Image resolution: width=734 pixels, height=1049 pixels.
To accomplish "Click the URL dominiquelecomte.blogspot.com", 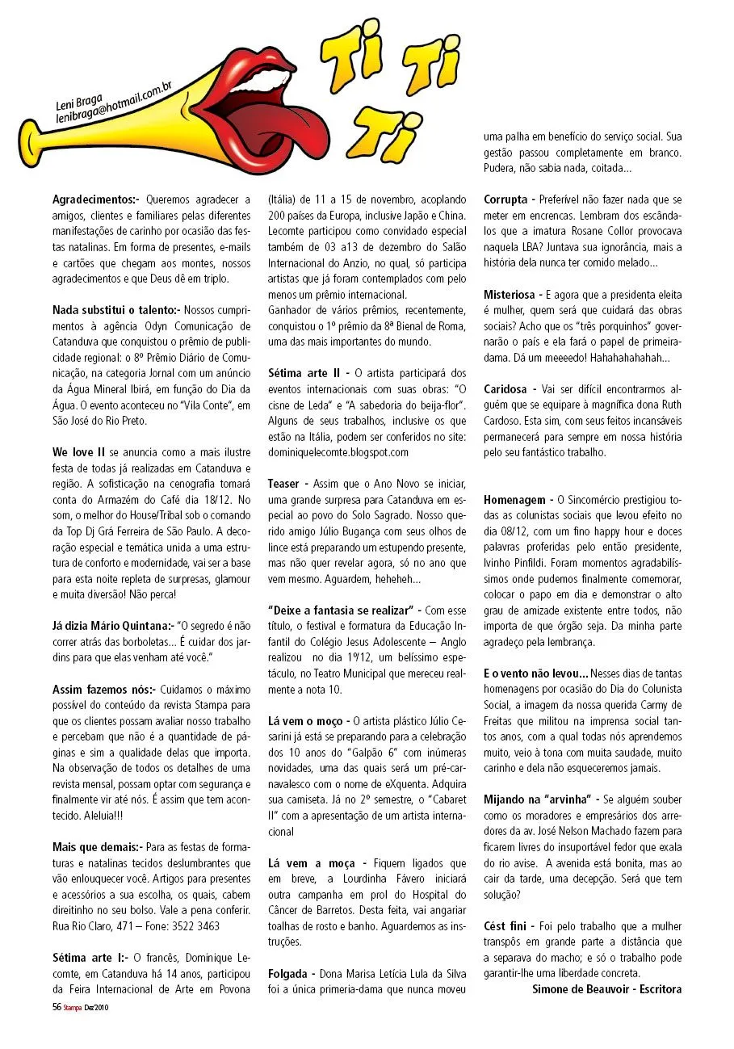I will coord(338,452).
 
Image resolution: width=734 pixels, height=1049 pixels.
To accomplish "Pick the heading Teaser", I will coord(288,483).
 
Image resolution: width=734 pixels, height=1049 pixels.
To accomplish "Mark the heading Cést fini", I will coord(505,925).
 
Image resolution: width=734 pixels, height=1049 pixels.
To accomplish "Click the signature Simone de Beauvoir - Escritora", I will coord(606,988).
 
